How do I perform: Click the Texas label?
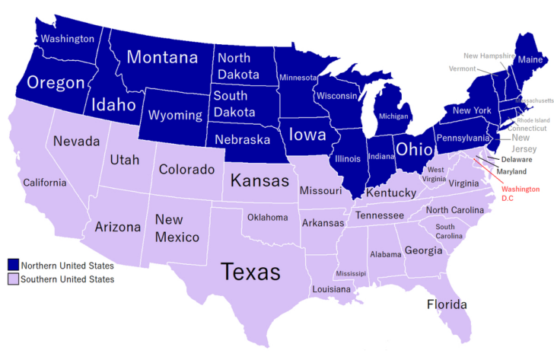coord(250,272)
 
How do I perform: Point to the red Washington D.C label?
coord(521,193)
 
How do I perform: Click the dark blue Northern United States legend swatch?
coord(12,266)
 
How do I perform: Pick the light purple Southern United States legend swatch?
coord(12,279)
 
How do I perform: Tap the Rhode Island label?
coord(533,120)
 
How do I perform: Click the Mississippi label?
coord(350,273)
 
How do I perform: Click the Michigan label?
coord(393,116)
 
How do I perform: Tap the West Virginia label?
coord(436,174)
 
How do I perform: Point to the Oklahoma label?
coord(267,218)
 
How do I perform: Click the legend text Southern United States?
coord(68,279)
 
